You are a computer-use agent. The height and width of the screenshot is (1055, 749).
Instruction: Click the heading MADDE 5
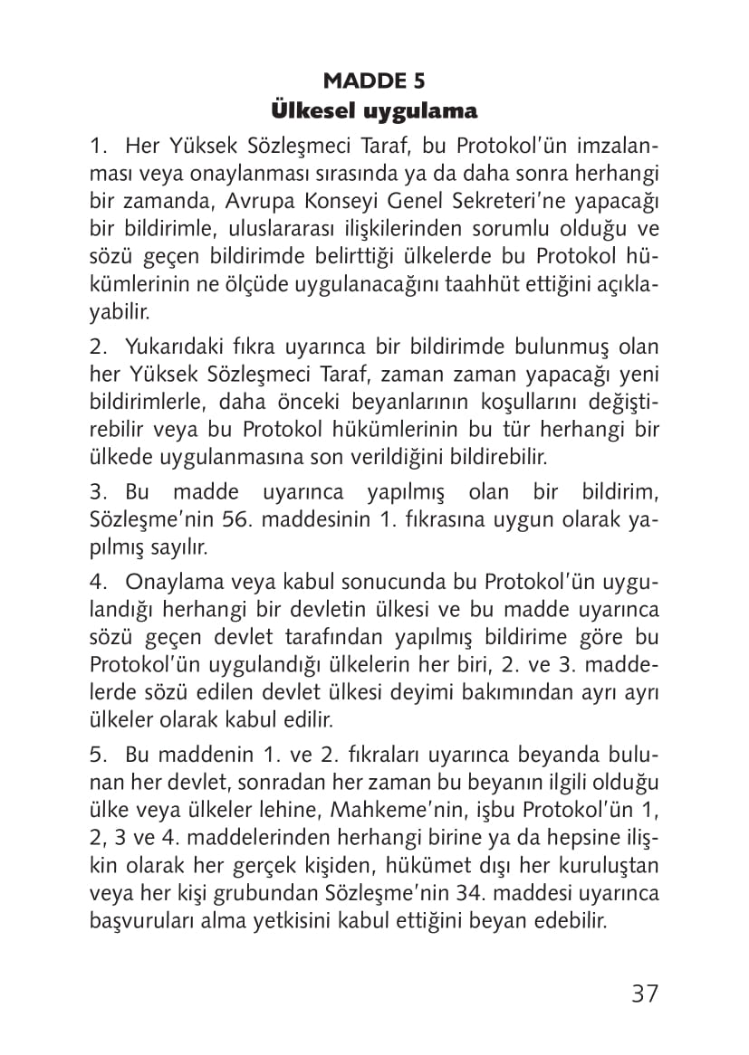click(374, 81)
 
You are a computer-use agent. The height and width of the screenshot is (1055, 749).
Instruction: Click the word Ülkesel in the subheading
click(313, 111)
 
